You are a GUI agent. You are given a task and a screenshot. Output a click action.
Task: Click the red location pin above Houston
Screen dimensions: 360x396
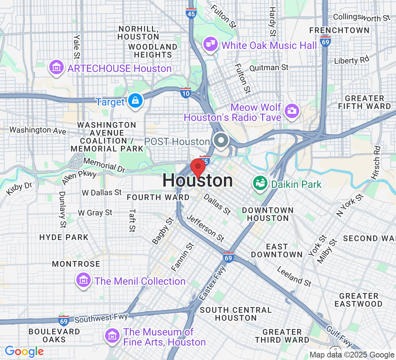pos(198,168)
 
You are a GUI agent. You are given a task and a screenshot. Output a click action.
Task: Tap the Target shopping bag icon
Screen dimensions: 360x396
pos(135,101)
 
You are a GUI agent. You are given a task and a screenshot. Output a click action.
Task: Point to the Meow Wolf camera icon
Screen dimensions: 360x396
pos(292,110)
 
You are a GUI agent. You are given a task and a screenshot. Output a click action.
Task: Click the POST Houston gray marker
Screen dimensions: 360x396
pos(221,140)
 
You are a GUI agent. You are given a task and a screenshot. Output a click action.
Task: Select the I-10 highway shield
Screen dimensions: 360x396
pos(185,93)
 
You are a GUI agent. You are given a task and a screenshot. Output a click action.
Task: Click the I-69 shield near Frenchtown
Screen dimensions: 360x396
pos(325,41)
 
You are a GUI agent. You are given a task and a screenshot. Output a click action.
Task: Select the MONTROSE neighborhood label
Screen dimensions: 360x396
pos(76,264)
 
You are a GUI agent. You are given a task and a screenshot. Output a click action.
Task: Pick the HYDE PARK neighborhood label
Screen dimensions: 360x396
pos(64,237)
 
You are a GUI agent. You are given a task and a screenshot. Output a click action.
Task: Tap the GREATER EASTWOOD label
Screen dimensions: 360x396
pos(358,300)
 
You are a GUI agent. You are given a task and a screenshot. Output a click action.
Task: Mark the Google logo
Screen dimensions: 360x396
pos(24,351)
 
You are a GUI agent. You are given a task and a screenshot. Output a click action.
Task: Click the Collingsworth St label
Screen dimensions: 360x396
pos(361,17)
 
